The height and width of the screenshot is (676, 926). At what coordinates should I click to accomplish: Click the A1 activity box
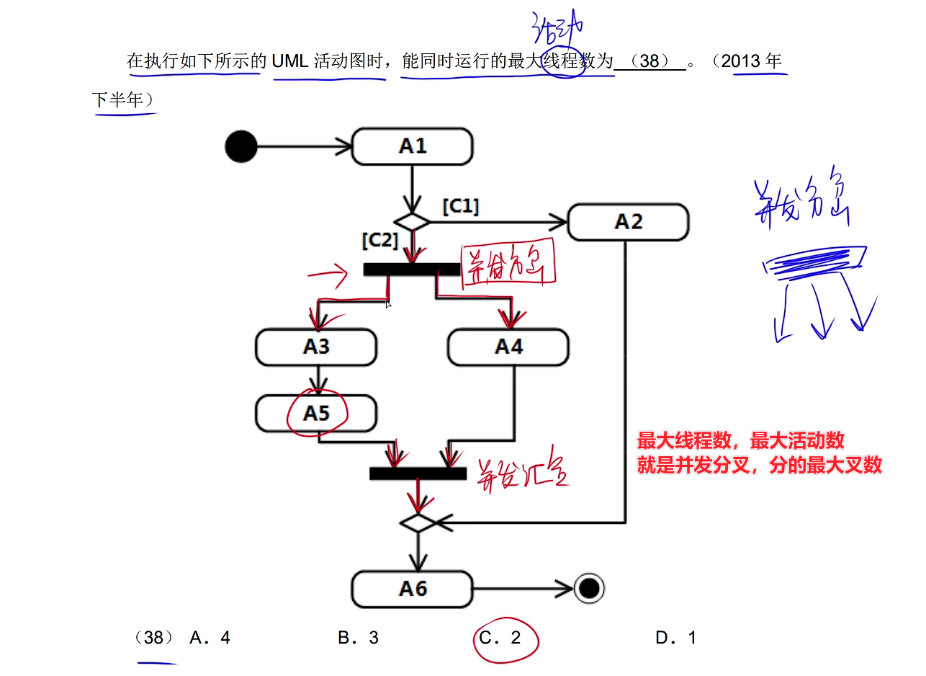coord(412,147)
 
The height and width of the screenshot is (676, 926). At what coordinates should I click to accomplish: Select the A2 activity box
coord(628,222)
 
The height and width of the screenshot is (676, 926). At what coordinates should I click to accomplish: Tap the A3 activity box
coord(315,347)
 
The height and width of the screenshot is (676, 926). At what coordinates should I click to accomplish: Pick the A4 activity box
coord(508,347)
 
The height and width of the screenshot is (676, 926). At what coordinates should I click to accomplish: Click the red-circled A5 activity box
coord(316,414)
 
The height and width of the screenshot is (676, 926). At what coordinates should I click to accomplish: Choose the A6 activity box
coord(412,589)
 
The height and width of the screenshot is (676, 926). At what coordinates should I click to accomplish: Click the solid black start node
coord(241,146)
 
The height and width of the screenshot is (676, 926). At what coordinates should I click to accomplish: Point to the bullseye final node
coord(589,589)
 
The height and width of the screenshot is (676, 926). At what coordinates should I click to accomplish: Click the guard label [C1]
coord(460,206)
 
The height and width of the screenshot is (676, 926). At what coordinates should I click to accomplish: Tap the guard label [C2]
coord(379,241)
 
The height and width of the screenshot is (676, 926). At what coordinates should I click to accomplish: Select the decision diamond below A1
coord(412,222)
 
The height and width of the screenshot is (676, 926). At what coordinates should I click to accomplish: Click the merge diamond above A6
coord(418,522)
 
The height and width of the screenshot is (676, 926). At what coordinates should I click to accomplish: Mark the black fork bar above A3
coord(411,270)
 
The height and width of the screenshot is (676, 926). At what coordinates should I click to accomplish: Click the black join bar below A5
coord(418,473)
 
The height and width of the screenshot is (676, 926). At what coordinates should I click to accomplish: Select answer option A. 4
coord(210,638)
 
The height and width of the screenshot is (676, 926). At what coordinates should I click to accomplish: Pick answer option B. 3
coord(358,638)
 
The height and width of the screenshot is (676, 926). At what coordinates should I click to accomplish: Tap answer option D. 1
coord(675,638)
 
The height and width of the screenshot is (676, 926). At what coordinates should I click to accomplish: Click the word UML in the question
coord(290,61)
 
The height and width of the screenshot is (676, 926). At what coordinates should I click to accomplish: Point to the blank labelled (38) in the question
coord(649,61)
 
